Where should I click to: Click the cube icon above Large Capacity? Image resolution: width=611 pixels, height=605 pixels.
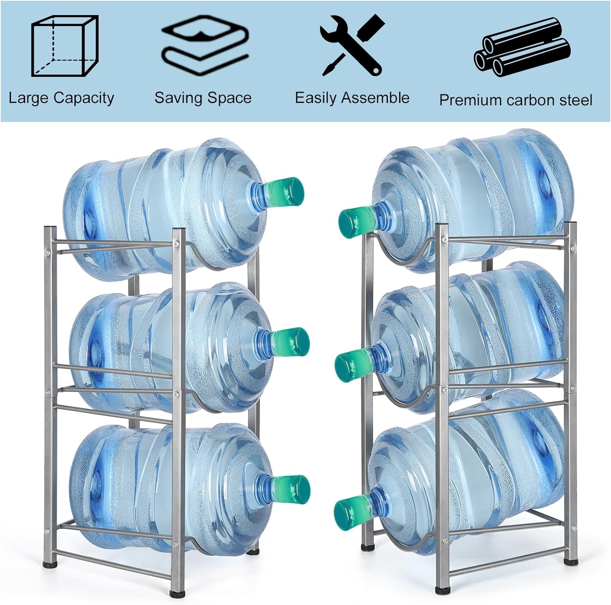[x=65, y=46]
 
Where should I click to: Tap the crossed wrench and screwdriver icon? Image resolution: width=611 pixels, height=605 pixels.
[x=352, y=45]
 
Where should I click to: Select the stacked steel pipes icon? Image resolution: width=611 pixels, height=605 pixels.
[x=522, y=47]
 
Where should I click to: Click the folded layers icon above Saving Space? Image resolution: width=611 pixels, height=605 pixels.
[x=205, y=45]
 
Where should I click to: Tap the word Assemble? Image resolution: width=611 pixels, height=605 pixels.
[x=375, y=98]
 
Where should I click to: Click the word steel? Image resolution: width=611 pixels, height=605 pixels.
[x=574, y=100]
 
